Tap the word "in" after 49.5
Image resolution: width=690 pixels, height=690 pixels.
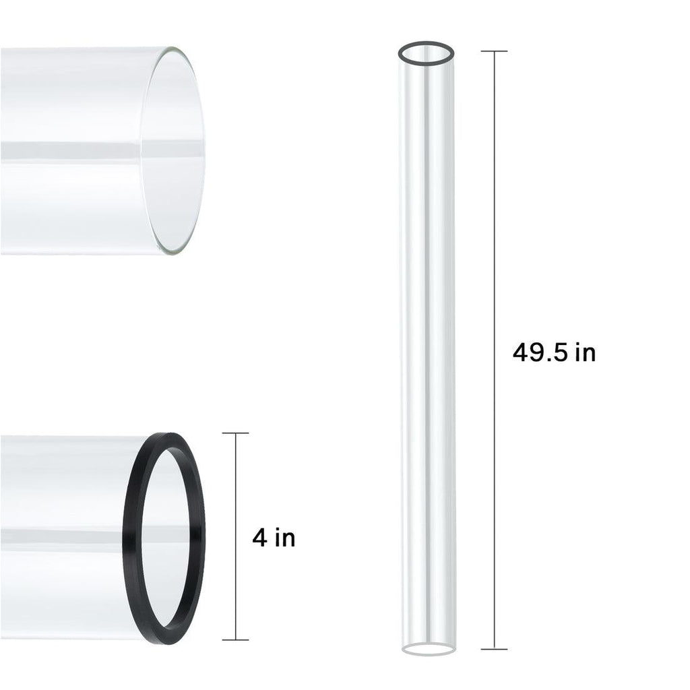point(585,352)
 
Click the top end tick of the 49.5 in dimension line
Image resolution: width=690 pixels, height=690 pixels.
point(495,51)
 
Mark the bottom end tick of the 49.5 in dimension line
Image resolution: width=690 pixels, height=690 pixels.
point(495,649)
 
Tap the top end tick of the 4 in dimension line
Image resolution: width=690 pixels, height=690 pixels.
point(235,433)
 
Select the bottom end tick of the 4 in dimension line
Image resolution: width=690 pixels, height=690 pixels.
point(235,639)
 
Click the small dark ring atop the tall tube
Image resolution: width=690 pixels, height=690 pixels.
point(426,46)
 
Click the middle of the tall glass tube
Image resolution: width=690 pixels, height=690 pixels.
point(426,350)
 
